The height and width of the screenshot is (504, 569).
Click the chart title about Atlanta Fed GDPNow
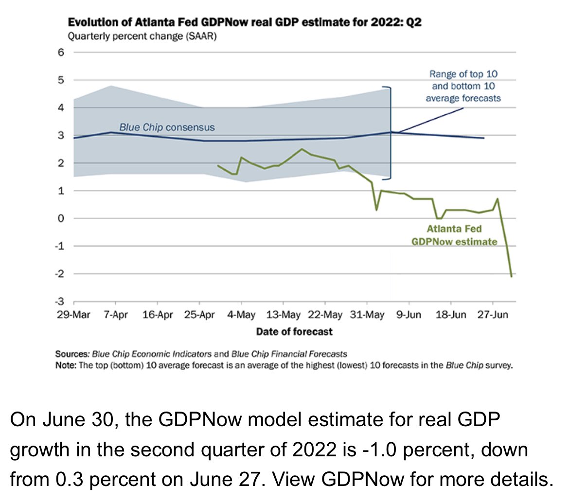pos(245,22)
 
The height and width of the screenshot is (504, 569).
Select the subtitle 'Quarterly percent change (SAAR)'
pos(142,36)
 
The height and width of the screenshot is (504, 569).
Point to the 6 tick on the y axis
pos(61,52)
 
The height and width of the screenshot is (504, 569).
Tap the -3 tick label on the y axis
pos(59,302)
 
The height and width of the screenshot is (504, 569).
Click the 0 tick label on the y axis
pos(61,218)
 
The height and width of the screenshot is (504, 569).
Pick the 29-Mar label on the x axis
pos(73,314)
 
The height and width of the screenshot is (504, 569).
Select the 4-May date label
pos(241,314)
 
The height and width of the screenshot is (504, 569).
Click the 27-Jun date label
pos(493,314)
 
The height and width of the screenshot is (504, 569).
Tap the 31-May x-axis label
pos(367,314)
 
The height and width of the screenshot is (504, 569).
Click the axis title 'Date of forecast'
pos(294,331)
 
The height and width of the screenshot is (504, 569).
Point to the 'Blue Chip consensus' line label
pos(167,127)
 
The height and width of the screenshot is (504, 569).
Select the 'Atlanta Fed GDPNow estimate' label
pos(454,235)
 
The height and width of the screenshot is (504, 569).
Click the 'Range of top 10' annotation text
pos(463,74)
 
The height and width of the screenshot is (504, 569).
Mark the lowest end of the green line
pos(511,276)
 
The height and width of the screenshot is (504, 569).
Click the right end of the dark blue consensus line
pos(484,138)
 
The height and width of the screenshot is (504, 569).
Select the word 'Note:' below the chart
pos(66,365)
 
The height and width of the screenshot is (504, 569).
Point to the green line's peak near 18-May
pos(302,149)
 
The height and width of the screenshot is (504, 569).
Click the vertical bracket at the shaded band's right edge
pos(391,133)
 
